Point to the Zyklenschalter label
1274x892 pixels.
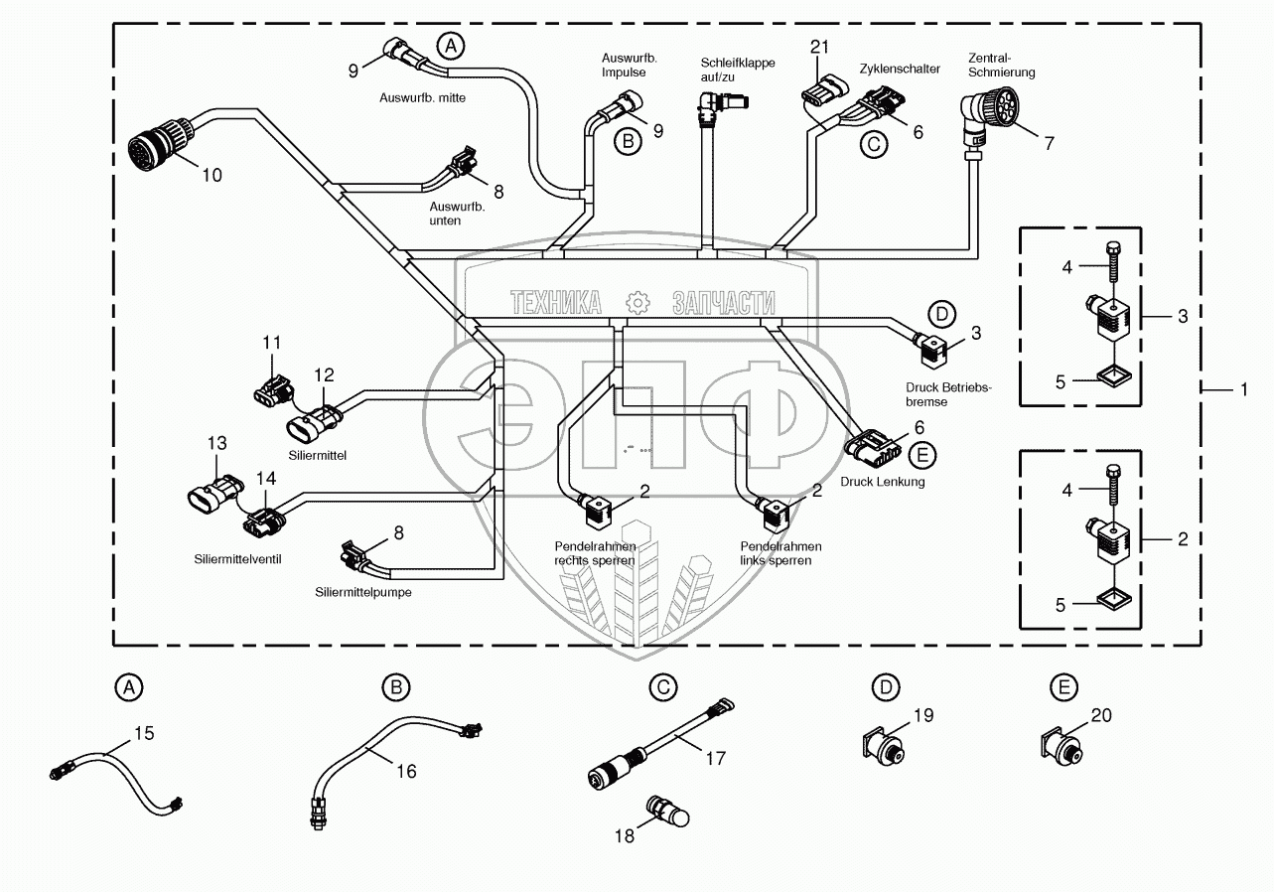coord(900,69)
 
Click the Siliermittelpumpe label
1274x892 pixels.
coord(363,592)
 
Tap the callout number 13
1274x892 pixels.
coord(217,442)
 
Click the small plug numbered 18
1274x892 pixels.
coord(666,812)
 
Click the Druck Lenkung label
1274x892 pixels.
coord(882,482)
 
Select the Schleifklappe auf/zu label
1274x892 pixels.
coord(738,71)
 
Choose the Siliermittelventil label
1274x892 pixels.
coord(238,559)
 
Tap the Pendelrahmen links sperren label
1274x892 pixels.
coord(780,553)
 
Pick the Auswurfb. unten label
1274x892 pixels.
coord(458,214)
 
